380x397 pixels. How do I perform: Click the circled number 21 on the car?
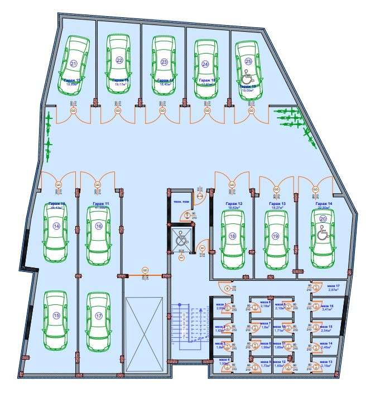[x=73, y=64]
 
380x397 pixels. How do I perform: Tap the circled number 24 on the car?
[x=205, y=64]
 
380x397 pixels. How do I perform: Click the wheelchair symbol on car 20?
[x=322, y=235]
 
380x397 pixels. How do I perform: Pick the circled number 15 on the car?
[x=56, y=315]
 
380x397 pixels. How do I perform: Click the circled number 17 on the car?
[x=99, y=316]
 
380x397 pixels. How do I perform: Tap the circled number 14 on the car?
[x=56, y=226]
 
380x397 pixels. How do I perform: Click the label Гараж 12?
[x=233, y=204]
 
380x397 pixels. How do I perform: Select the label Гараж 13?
[x=276, y=204]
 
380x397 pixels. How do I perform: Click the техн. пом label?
[x=181, y=200]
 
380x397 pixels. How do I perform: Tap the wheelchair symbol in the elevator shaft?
[x=181, y=241]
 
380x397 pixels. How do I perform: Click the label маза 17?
[x=334, y=286]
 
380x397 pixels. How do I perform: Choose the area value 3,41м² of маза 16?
[x=327, y=312]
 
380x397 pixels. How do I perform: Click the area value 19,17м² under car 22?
[x=119, y=84]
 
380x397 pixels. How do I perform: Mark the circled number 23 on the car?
[x=164, y=62]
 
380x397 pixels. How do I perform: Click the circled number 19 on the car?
[x=275, y=236]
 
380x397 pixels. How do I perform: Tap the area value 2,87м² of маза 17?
[x=334, y=290]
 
